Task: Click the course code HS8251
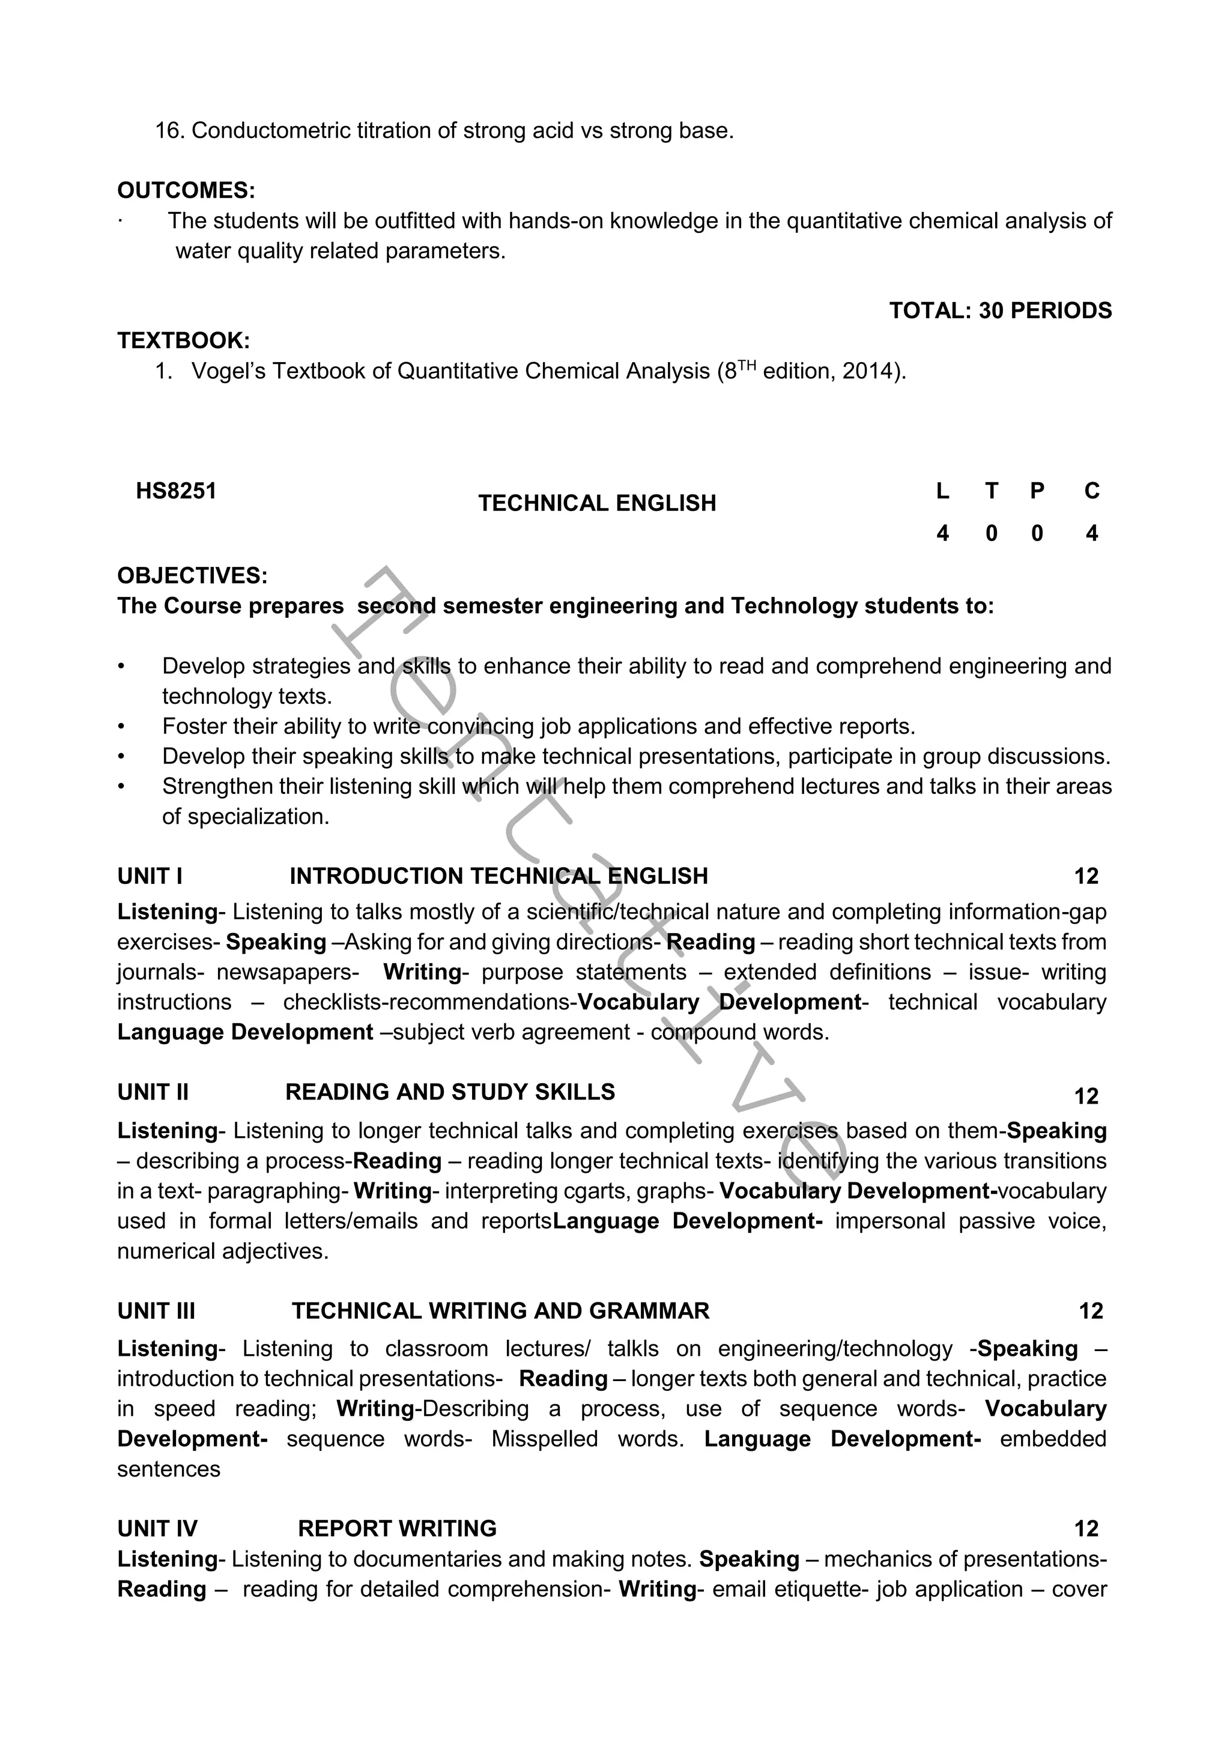pyautogui.click(x=176, y=491)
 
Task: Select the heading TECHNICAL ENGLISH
pyautogui.click(x=597, y=503)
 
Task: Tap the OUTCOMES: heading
pyautogui.click(x=186, y=190)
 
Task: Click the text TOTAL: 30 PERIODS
pyautogui.click(x=1000, y=310)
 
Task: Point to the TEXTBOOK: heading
pyautogui.click(x=183, y=341)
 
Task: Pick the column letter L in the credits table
pyautogui.click(x=942, y=491)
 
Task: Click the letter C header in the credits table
pyautogui.click(x=1091, y=491)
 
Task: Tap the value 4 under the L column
pyautogui.click(x=942, y=533)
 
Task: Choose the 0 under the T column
pyautogui.click(x=992, y=533)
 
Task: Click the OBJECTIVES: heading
pyautogui.click(x=192, y=576)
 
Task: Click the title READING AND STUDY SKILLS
pyautogui.click(x=450, y=1092)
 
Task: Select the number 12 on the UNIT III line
pyautogui.click(x=1091, y=1310)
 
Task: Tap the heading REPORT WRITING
pyautogui.click(x=397, y=1528)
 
